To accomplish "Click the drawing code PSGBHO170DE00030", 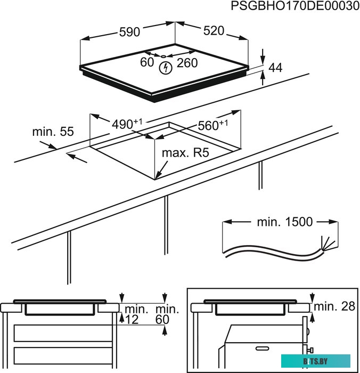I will point(291,6).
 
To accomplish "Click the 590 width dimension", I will point(129,32).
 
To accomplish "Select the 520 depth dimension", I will point(214,31).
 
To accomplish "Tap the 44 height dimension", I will point(275,68).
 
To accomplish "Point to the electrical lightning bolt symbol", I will point(166,68).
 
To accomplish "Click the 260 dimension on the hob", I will point(187,63).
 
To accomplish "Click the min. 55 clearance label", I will point(52,131).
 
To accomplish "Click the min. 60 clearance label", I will point(165,314).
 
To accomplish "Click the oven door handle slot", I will point(266,348).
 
